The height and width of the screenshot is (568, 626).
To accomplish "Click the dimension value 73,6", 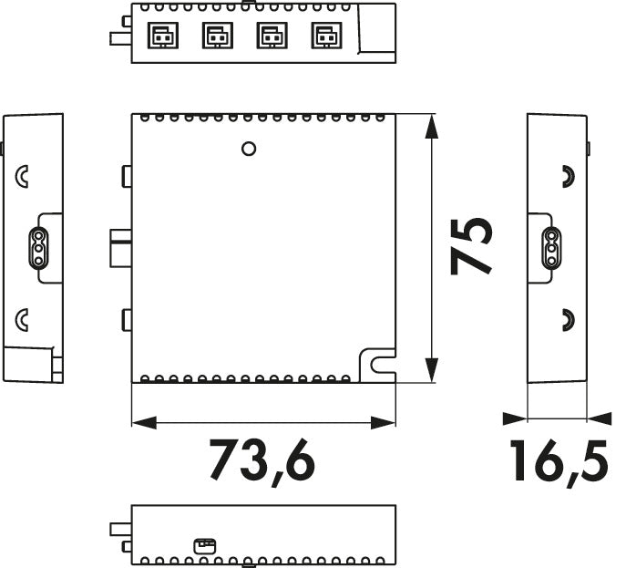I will [x=262, y=460].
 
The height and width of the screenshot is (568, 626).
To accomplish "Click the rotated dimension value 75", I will [x=473, y=245].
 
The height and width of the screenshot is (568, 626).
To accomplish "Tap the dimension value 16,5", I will [x=558, y=460].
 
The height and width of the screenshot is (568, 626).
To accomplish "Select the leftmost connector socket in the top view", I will [x=161, y=36].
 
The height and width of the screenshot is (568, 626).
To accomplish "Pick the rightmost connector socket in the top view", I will [x=323, y=36].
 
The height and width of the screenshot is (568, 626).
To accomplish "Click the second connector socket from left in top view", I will [x=215, y=36].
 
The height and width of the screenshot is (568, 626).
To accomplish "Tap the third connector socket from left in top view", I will [x=270, y=36].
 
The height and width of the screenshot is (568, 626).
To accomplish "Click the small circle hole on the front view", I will [x=248, y=148].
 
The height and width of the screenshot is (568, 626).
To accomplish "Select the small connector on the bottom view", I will [x=203, y=545].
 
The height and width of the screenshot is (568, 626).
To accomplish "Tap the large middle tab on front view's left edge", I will [x=120, y=248].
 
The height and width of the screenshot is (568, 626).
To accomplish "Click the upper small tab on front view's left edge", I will [x=127, y=175].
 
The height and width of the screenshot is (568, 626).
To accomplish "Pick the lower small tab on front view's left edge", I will [x=127, y=320].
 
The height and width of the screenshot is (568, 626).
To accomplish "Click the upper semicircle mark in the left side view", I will [x=23, y=175].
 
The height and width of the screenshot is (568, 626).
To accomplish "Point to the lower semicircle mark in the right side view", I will [x=567, y=319].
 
